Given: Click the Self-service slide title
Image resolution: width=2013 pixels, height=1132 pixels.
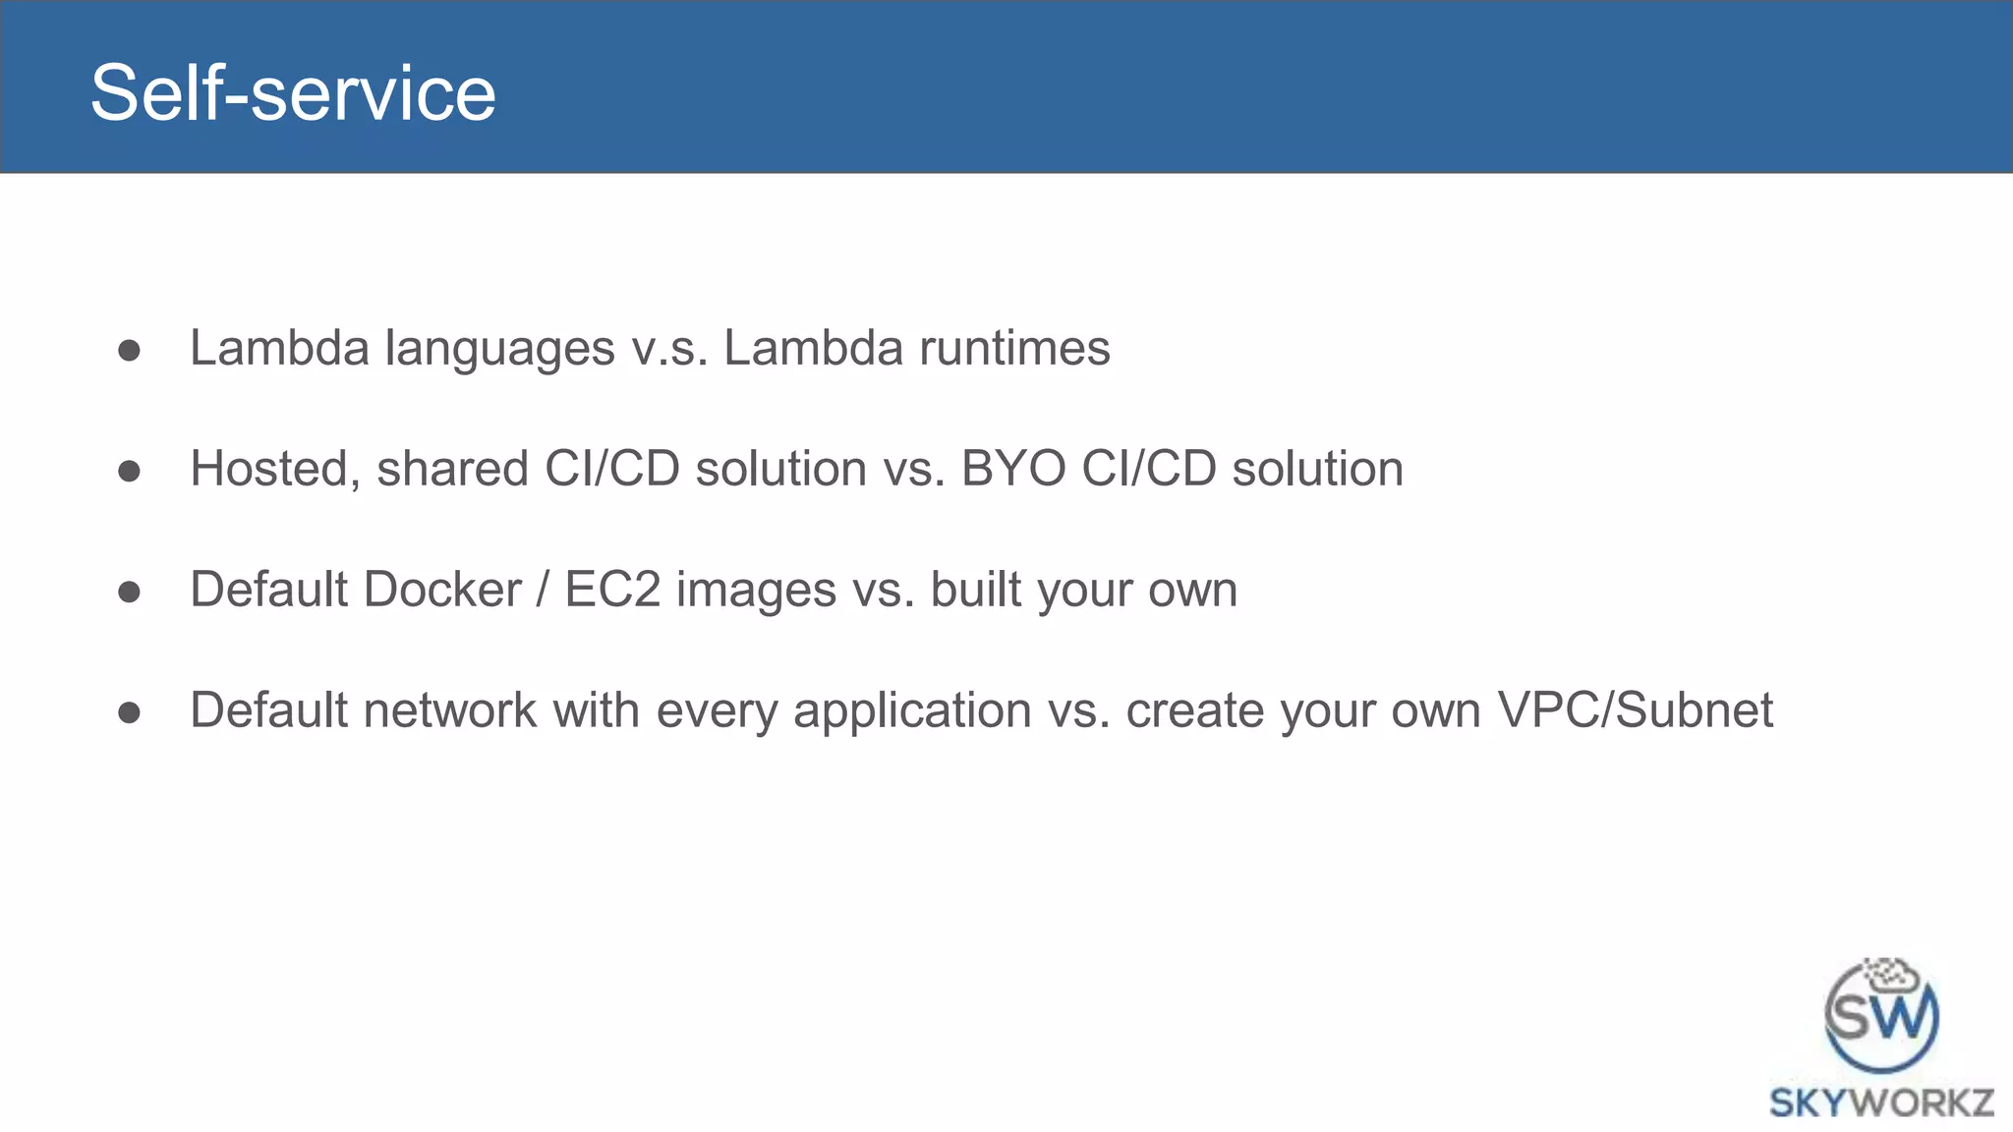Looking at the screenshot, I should (x=293, y=92).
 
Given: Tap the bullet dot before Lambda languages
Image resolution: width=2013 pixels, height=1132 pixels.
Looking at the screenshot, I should (x=129, y=351).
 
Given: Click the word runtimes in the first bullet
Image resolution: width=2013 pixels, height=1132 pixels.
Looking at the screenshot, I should (x=1013, y=349).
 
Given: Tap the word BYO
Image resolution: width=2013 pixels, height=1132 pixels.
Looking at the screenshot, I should (x=1012, y=469).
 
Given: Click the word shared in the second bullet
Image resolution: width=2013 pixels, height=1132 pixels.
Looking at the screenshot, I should (x=452, y=469).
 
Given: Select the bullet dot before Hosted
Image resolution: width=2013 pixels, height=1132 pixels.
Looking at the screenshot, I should (x=129, y=472).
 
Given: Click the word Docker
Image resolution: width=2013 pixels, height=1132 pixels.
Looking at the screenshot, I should (x=442, y=590).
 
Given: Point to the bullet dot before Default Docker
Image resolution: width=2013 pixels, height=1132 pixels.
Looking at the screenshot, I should (x=129, y=593).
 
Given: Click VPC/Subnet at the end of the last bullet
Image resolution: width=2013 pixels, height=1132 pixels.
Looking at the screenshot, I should (x=1635, y=710).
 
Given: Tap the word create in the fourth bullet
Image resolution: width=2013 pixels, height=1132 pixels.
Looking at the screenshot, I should (x=1193, y=710).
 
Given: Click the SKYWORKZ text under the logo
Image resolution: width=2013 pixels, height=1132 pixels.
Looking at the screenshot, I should (x=1880, y=1103).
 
